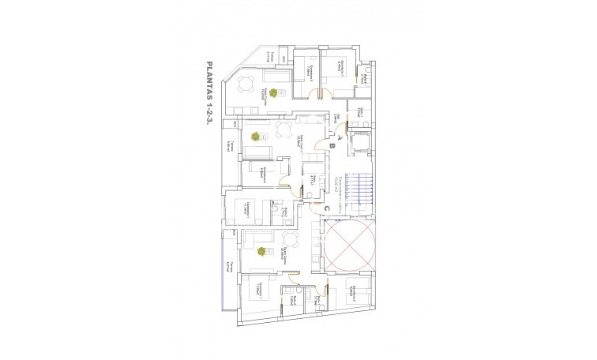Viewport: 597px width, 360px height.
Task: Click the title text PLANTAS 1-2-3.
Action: [x=209, y=102]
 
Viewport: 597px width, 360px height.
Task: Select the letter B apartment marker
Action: [x=332, y=145]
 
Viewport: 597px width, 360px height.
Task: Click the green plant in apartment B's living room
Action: [x=255, y=137]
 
